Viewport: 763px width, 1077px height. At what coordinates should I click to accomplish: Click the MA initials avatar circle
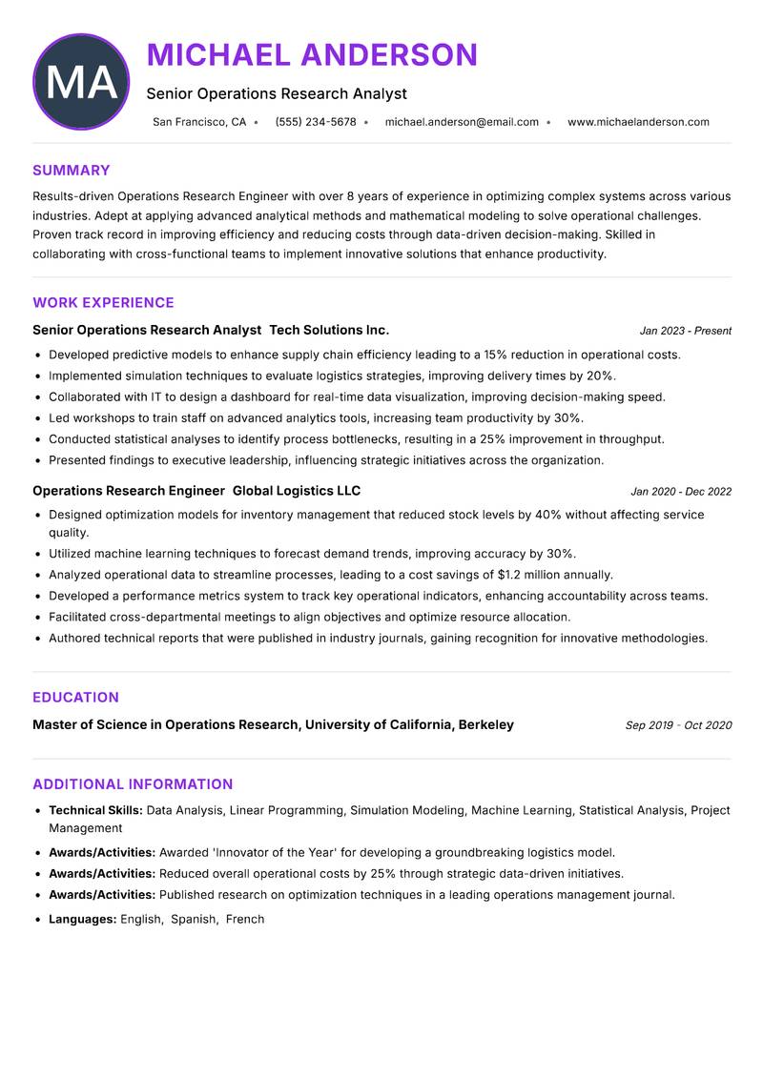pos(81,82)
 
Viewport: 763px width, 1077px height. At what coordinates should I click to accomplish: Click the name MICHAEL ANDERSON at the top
pos(312,54)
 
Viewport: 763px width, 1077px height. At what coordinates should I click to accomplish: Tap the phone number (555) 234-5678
pos(315,122)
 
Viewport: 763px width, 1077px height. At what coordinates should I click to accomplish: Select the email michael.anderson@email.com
pos(462,122)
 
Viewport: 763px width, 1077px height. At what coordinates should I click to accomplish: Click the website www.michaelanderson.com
pos(638,122)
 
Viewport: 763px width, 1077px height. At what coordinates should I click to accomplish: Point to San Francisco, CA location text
pos(199,122)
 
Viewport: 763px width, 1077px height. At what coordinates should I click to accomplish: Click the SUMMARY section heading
pos(72,171)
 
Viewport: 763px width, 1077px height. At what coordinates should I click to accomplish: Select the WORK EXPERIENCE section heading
pos(103,303)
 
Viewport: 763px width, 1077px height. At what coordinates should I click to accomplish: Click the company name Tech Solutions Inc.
pos(329,330)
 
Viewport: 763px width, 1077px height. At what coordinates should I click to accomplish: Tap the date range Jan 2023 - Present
pos(685,331)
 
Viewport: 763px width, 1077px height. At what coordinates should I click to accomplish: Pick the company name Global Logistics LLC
pos(297,491)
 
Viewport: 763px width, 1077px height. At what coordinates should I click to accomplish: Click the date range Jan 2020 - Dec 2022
pos(681,492)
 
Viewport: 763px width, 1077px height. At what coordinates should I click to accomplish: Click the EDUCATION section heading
pos(75,698)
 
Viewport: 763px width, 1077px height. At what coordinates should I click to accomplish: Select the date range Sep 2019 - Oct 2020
pos(678,725)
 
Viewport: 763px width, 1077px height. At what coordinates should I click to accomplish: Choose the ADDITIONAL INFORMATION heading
pos(133,784)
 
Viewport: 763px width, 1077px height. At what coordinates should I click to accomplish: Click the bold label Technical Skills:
pos(95,810)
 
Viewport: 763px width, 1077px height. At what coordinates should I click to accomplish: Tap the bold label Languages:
pos(83,919)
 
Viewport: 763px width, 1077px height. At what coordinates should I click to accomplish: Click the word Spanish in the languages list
pos(194,919)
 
